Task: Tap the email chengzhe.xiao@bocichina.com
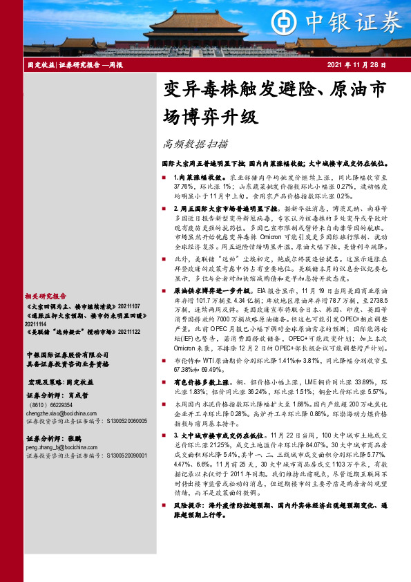(61, 413)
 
